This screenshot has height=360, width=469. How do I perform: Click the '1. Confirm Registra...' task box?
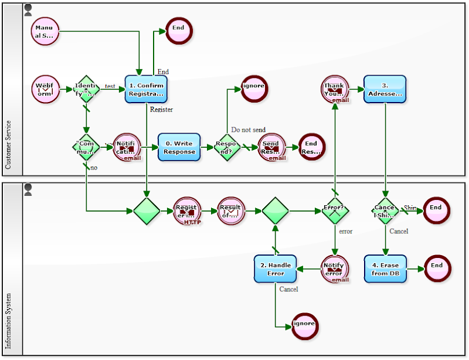[x=146, y=89]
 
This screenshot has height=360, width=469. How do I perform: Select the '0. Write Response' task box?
[x=179, y=148]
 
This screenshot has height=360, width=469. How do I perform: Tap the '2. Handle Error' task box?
[x=276, y=269]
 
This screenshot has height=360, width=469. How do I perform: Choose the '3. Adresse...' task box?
[x=385, y=89]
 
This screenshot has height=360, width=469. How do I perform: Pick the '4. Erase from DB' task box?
[x=385, y=269]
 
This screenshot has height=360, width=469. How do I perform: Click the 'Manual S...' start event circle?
[x=45, y=31]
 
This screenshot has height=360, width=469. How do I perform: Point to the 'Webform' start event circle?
[x=45, y=89]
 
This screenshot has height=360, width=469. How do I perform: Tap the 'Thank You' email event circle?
[x=334, y=89]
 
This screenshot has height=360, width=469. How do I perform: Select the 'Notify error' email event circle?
[x=334, y=269]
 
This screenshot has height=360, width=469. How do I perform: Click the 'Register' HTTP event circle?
[x=188, y=210]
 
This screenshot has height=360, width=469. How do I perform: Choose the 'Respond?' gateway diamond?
[x=226, y=147]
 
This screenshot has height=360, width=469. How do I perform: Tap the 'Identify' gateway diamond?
[x=87, y=89]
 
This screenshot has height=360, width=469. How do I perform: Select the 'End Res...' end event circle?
[x=311, y=147]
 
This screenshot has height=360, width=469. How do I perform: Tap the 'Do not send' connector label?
[x=248, y=130]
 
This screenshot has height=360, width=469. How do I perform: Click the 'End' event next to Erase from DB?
[x=437, y=269]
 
